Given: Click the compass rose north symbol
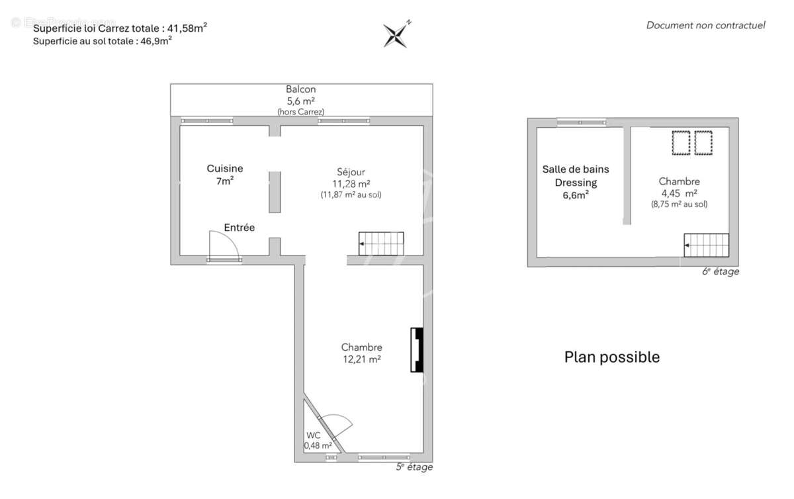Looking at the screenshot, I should (396, 34).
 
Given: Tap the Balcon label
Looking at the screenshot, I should (300, 89).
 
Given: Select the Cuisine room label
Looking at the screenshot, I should (225, 169).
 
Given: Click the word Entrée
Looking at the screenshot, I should (239, 228).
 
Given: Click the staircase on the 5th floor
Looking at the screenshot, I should (381, 244).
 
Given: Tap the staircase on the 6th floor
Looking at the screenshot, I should (706, 245).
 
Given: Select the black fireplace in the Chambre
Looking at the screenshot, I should (417, 349).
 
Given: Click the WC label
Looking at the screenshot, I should (314, 435).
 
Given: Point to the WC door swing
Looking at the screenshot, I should (338, 424).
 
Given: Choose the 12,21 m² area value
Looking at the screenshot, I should (361, 359).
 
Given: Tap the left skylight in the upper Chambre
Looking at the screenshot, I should (681, 142).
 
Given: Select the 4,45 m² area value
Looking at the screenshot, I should (679, 193).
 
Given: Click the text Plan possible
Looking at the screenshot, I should (611, 357).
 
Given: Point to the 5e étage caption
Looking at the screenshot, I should (414, 467).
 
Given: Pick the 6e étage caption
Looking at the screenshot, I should (721, 271).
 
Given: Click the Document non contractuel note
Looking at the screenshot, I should (705, 26).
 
